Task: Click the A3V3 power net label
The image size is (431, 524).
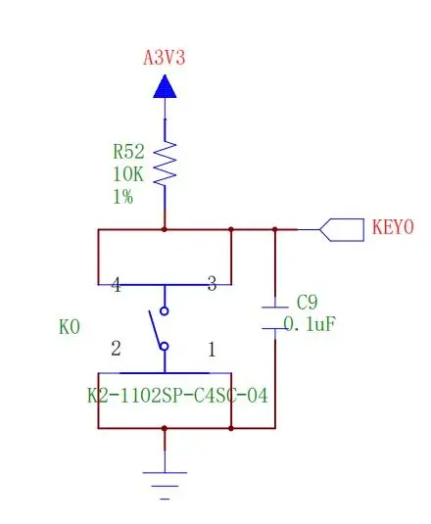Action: [x=164, y=58]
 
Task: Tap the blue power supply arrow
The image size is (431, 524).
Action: [x=165, y=86]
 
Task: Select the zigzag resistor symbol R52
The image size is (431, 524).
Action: [x=165, y=164]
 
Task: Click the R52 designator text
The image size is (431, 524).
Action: [x=128, y=152]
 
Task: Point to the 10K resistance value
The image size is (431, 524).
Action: [x=128, y=174]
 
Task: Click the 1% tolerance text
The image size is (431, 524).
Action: [x=123, y=197]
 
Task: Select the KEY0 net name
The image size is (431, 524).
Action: [x=393, y=227]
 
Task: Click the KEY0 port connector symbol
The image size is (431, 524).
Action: [x=342, y=230]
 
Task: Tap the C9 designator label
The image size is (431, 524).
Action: [x=307, y=302]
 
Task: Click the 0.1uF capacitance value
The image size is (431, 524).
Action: [x=310, y=324]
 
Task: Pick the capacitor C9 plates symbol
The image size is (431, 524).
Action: [x=275, y=317]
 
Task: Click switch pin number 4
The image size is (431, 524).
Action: [x=116, y=285]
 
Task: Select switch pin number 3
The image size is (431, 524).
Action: [x=212, y=284]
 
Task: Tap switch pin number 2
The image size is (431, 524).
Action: [x=116, y=349]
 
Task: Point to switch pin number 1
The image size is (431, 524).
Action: [x=212, y=350]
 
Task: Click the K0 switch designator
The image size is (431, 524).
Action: [x=70, y=327]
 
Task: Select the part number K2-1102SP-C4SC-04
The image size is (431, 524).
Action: [x=177, y=396]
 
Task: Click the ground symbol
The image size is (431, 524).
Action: [x=165, y=486]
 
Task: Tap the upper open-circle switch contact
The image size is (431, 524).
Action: [x=164, y=311]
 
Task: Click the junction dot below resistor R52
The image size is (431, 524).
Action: [x=164, y=229]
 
